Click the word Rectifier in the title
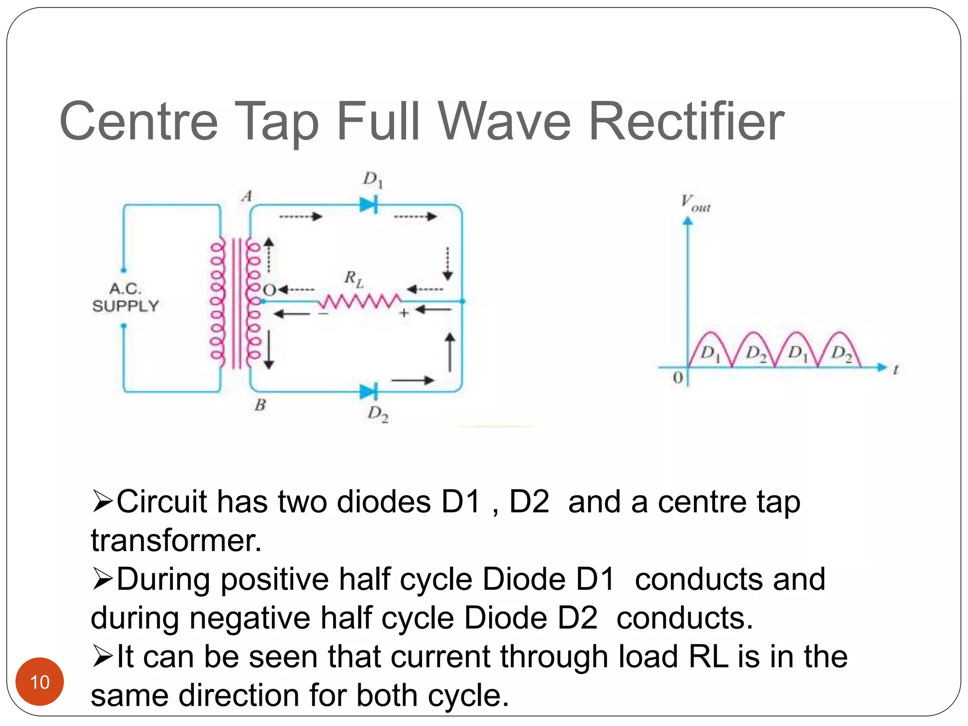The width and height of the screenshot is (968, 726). point(686,121)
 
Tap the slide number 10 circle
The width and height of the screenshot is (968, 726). point(40,682)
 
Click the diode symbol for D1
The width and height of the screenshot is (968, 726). point(369,205)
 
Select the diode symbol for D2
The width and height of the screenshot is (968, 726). point(369,391)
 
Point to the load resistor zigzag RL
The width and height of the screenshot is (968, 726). point(360,301)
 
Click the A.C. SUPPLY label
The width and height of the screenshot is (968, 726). point(125,297)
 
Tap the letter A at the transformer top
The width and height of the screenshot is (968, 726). point(247,196)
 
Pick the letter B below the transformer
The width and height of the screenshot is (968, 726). point(260,405)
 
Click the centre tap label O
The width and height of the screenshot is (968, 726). point(269,290)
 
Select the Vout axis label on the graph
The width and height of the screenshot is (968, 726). point(695,203)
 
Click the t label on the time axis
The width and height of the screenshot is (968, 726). point(896,369)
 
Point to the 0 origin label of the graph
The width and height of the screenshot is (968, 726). point(678,378)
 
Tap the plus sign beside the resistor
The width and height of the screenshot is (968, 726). point(404,312)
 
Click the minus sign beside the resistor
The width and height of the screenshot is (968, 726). point(323,313)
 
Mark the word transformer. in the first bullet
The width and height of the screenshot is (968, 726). point(176,540)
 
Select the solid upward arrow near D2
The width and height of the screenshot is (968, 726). point(450,352)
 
